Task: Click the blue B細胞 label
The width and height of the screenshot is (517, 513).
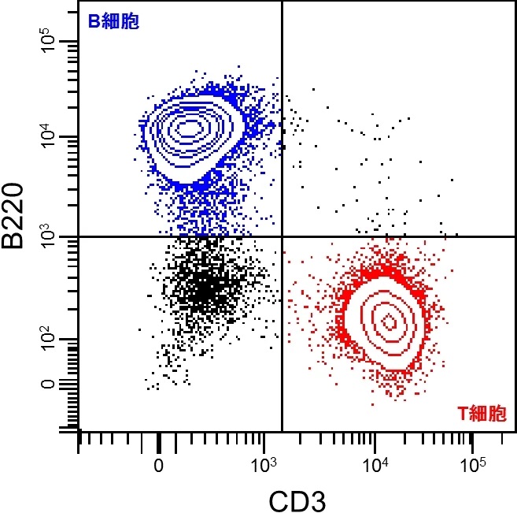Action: click(x=113, y=22)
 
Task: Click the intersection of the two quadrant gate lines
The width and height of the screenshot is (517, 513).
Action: click(x=282, y=236)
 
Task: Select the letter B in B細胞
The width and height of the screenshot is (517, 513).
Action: click(x=92, y=22)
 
